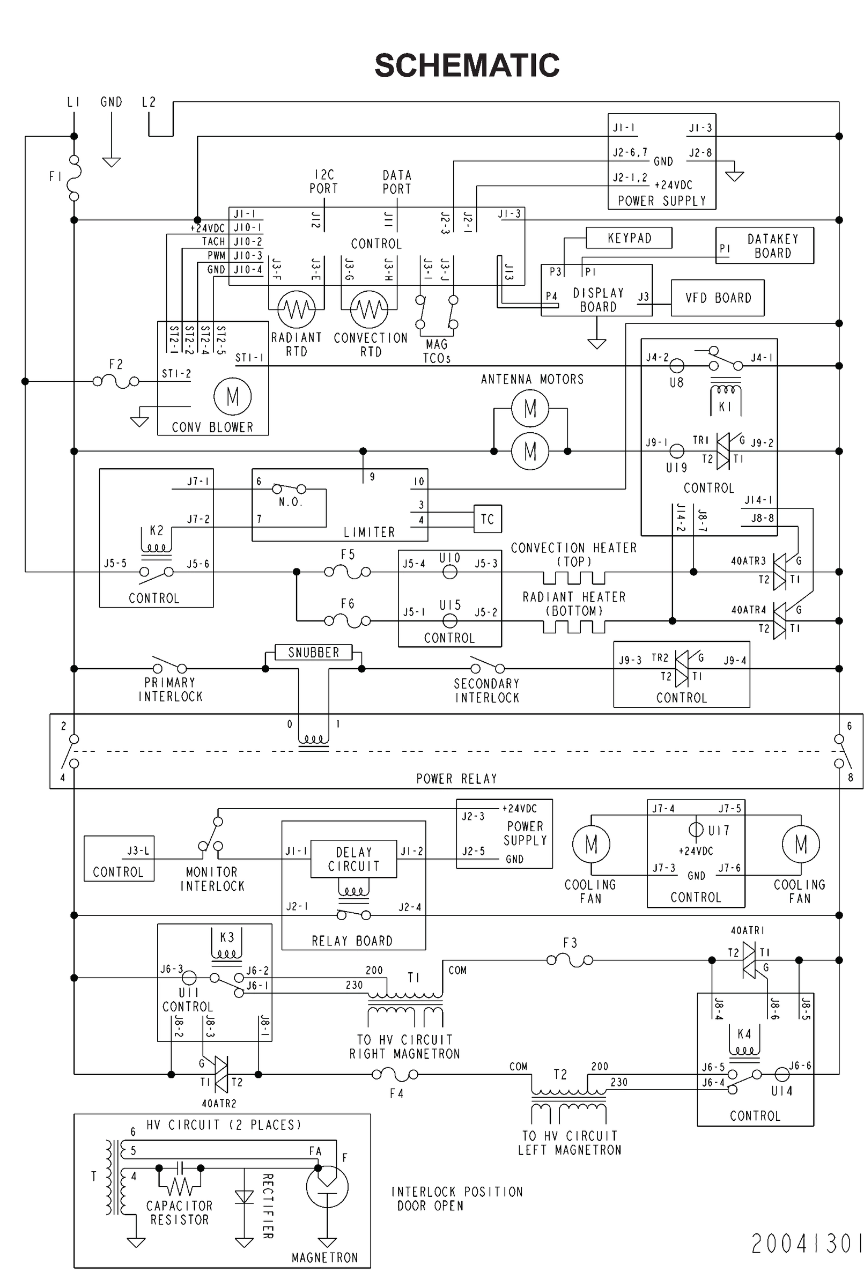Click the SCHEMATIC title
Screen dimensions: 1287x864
467,65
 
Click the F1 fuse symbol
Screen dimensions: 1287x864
74,177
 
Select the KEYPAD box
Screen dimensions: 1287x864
629,238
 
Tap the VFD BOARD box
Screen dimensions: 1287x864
718,298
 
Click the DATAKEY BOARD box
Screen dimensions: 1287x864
764,246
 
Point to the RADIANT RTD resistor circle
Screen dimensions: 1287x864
297,309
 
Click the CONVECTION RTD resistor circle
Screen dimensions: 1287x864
369,309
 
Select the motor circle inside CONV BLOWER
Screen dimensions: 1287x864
233,396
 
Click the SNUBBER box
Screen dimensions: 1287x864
313,652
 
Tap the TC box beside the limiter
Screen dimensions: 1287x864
487,519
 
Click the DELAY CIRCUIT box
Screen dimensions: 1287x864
353,859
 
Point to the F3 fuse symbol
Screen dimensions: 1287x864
570,960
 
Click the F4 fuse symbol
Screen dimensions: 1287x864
395,1074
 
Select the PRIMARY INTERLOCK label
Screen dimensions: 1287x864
170,689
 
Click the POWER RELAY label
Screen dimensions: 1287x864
456,779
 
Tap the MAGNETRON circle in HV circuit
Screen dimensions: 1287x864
327,1186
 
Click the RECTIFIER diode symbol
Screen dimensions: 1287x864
244,1197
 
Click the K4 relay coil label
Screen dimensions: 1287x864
744,1033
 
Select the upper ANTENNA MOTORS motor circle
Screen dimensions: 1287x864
530,408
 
